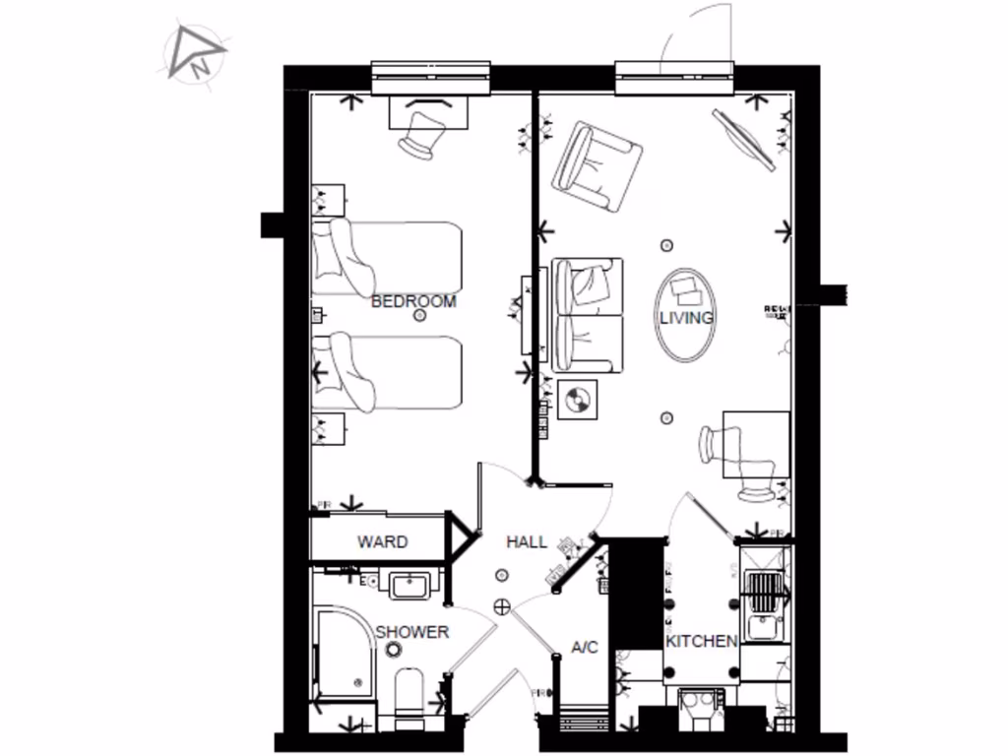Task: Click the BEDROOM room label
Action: pos(413,301)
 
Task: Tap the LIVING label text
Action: pos(686,317)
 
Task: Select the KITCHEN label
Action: pos(701,641)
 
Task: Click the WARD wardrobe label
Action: pos(382,542)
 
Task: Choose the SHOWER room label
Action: pos(411,631)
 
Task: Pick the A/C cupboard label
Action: pos(585,648)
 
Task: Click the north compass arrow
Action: pos(195,54)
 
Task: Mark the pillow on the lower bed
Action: pos(347,372)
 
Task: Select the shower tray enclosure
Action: pos(345,655)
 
